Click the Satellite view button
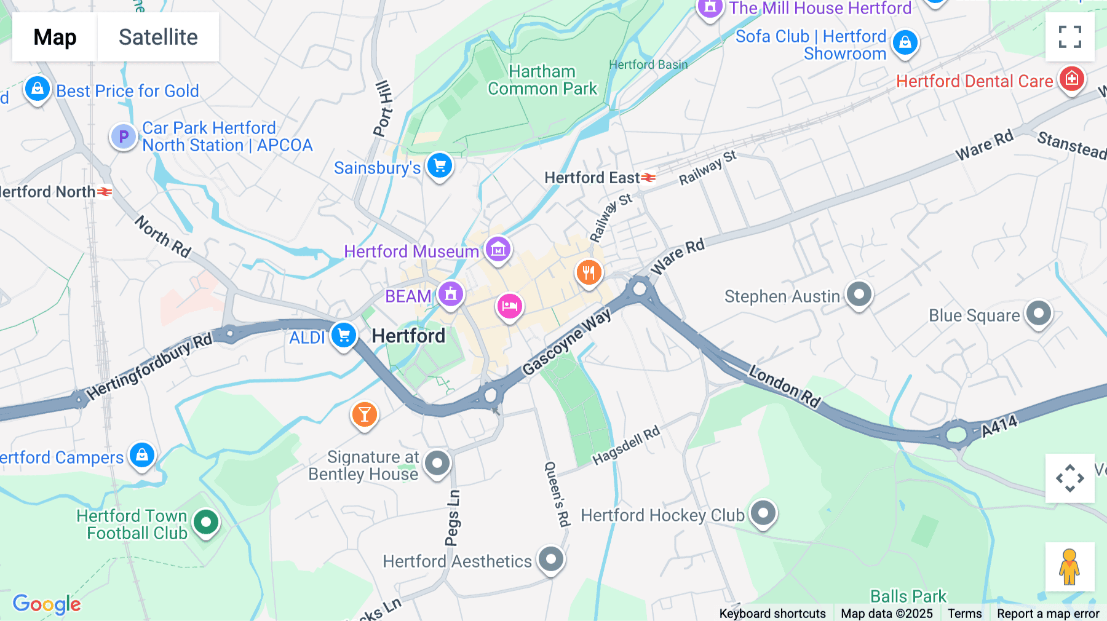(158, 37)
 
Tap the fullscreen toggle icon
(1069, 37)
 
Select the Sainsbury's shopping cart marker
(440, 166)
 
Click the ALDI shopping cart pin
(344, 336)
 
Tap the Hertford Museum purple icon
(498, 250)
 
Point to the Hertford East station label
(592, 178)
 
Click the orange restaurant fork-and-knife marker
(589, 272)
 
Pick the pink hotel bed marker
(509, 306)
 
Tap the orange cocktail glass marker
(365, 415)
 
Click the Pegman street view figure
(1069, 567)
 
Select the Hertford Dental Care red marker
(1071, 79)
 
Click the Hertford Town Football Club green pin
(206, 523)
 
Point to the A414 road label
(999, 426)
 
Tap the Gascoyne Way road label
(566, 342)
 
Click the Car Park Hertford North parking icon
(123, 136)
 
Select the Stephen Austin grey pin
(859, 295)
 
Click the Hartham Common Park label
(542, 81)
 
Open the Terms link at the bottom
(964, 613)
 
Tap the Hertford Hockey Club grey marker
(763, 513)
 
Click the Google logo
(47, 604)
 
